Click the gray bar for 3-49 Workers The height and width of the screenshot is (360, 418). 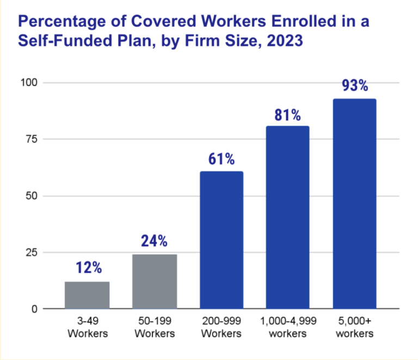[x=87, y=295]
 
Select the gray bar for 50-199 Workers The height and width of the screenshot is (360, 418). [x=155, y=282]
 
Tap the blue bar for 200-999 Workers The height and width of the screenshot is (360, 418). [x=222, y=240]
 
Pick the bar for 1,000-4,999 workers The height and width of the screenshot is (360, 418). [x=287, y=217]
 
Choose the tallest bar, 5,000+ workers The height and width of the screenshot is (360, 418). [x=354, y=204]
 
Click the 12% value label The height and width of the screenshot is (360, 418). [x=87, y=269]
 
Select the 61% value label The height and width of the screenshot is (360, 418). [x=222, y=159]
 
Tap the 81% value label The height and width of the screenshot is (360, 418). [x=287, y=114]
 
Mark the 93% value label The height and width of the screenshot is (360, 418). [x=354, y=87]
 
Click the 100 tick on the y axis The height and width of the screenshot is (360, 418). [x=28, y=83]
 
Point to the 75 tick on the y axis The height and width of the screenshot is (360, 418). [x=30, y=139]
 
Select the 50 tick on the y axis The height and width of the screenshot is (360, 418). [x=30, y=196]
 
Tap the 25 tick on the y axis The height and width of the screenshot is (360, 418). [x=30, y=253]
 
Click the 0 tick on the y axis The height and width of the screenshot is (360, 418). [x=33, y=309]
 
